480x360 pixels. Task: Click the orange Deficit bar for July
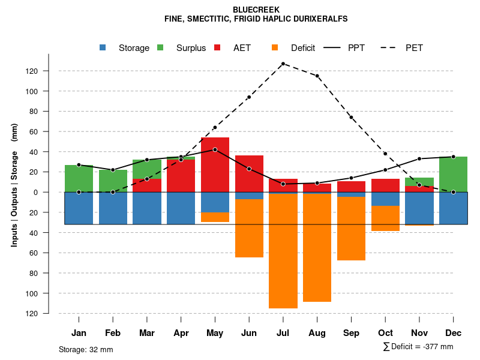pyautogui.click(x=283, y=251)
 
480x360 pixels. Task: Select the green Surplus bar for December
pyautogui.click(x=454, y=174)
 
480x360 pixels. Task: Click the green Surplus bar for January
pyautogui.click(x=79, y=178)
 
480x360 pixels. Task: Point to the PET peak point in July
pyautogui.click(x=283, y=64)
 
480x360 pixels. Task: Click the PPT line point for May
pyautogui.click(x=215, y=149)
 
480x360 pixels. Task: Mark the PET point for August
pyautogui.click(x=317, y=76)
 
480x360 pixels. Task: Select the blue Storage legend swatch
pyautogui.click(x=103, y=47)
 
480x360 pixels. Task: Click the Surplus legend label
pyautogui.click(x=191, y=48)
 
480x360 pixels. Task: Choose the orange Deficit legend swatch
pyautogui.click(x=275, y=47)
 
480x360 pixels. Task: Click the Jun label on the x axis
pyautogui.click(x=249, y=333)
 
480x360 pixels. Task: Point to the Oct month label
pyautogui.click(x=385, y=333)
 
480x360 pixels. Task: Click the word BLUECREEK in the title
pyautogui.click(x=256, y=10)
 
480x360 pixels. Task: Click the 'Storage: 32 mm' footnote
pyautogui.click(x=86, y=349)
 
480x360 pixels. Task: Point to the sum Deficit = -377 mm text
pyautogui.click(x=418, y=347)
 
